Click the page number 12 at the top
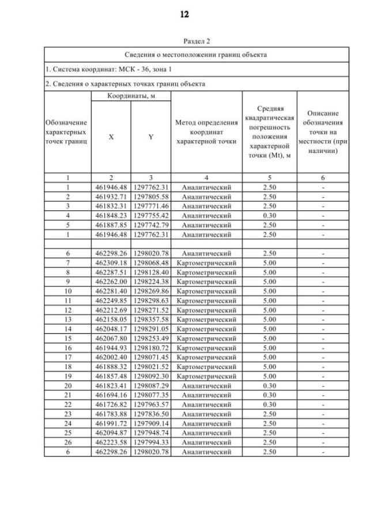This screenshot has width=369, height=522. coord(184,14)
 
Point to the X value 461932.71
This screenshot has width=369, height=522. coord(111,197)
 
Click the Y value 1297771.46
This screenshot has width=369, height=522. coord(150,205)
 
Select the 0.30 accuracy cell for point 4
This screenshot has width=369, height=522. coord(269,214)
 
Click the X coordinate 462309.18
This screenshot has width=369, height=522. coord(111,261)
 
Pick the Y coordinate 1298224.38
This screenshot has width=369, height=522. coord(150,282)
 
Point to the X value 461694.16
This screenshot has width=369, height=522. coord(111,395)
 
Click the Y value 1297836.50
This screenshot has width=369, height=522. coord(150,414)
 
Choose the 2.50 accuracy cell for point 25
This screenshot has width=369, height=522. coord(269,432)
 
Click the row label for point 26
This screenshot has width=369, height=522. coord(67,441)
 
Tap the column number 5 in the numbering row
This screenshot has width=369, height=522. coord(269,178)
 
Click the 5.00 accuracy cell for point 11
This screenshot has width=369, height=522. coord(269,300)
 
